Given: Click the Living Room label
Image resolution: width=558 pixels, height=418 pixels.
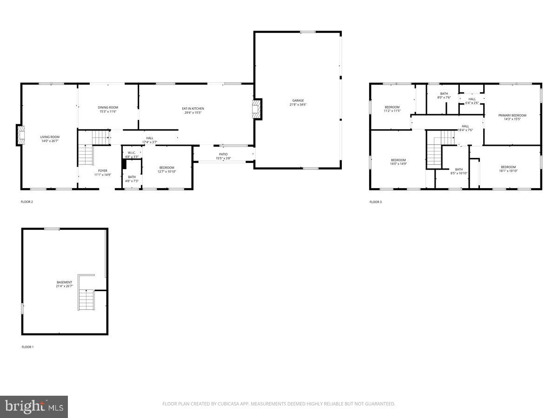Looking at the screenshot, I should [50, 139].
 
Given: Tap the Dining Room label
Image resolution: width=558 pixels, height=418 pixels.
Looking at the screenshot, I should [108, 110].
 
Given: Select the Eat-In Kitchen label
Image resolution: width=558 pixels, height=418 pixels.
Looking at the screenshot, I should [193, 111].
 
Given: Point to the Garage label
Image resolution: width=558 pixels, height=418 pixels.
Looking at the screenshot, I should [298, 103].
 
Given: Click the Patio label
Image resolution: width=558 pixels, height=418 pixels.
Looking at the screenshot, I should [223, 157].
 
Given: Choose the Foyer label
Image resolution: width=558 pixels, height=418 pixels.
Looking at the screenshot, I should [102, 173].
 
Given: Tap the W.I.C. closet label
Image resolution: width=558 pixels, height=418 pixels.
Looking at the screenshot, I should [132, 155].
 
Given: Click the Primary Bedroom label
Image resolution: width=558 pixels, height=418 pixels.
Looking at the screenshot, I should [512, 117].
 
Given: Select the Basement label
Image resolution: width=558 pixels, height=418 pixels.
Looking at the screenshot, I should [65, 284].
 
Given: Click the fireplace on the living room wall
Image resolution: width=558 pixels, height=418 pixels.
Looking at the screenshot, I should [20, 135].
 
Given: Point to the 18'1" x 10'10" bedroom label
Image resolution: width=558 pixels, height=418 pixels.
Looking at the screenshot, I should [508, 169].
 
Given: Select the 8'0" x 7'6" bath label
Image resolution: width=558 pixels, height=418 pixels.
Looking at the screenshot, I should [444, 95].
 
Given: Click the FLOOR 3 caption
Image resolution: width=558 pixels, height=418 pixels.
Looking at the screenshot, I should [376, 202].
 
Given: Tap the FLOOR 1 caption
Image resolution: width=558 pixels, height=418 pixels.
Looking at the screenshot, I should [28, 347].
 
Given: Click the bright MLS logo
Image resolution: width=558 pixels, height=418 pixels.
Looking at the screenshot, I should [34, 406].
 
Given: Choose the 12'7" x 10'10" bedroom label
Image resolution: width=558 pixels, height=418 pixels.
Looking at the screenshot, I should [166, 170].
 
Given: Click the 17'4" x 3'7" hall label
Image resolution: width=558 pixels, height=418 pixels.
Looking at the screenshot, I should [149, 140].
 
